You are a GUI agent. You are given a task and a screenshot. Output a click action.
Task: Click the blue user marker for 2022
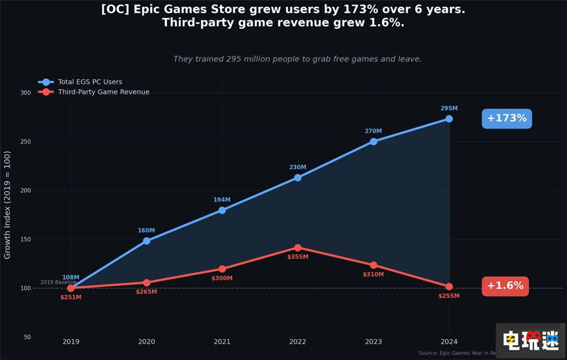click(298, 177)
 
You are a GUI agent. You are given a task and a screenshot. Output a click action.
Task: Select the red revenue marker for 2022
click(298, 248)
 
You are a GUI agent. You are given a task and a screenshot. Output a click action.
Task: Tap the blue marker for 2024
click(449, 118)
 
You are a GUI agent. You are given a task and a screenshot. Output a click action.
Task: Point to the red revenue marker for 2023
click(373, 265)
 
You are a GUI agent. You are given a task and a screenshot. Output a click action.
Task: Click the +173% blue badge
click(506, 118)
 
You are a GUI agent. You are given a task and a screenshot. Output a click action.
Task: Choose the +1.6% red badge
click(505, 286)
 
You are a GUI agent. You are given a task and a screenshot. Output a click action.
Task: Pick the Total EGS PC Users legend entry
click(90, 82)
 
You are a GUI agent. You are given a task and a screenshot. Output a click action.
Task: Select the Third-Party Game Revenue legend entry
click(103, 92)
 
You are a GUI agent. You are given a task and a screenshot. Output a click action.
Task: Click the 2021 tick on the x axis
click(222, 342)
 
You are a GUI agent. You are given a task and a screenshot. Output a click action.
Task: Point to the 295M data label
click(449, 108)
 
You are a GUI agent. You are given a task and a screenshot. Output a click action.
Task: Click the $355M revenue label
click(298, 257)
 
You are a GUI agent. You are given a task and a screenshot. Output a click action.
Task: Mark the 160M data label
click(146, 231)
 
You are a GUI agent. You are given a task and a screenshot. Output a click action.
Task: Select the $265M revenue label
click(146, 292)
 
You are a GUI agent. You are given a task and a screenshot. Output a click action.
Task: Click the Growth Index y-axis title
click(7, 205)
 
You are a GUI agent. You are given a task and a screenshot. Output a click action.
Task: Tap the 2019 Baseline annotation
click(58, 282)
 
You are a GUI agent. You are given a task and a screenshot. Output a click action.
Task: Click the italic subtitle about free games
click(297, 59)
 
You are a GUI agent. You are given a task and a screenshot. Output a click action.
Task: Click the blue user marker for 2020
click(146, 241)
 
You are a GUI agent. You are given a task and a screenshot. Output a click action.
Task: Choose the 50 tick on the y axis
click(27, 337)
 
